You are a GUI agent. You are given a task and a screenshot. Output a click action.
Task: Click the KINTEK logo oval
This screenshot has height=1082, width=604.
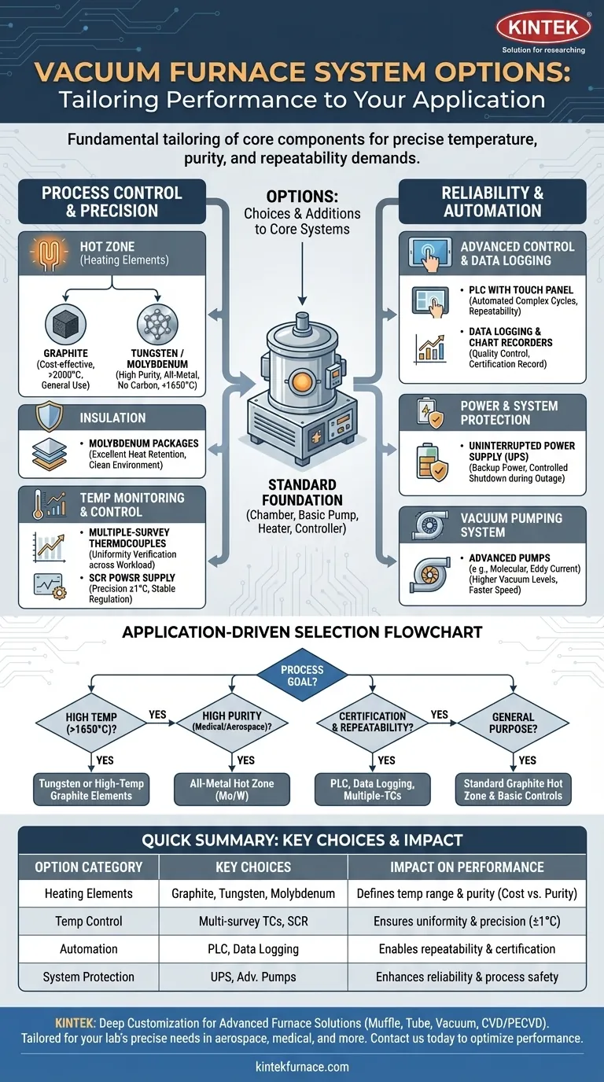[x=543, y=28]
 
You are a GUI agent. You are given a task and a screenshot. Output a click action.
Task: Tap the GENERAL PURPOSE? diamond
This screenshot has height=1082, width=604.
[x=513, y=723]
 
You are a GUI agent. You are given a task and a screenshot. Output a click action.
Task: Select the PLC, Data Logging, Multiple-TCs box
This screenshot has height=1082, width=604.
[x=372, y=789]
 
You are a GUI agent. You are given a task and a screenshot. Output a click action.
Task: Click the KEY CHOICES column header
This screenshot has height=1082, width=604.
[x=252, y=867]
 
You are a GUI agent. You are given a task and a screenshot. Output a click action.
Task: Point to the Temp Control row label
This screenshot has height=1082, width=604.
[x=88, y=921]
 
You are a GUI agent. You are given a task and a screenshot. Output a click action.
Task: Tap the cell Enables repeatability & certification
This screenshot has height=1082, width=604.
[x=467, y=949]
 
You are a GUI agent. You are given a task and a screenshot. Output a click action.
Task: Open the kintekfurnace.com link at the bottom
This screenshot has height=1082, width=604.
[x=302, y=1067]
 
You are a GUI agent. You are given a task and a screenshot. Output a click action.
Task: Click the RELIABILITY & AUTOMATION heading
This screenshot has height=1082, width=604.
[x=492, y=202]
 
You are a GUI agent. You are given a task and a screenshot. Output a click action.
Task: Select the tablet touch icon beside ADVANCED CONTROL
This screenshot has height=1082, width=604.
[x=429, y=253]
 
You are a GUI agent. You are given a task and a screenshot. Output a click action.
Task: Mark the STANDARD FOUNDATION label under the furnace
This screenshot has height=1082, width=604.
[x=302, y=491]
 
